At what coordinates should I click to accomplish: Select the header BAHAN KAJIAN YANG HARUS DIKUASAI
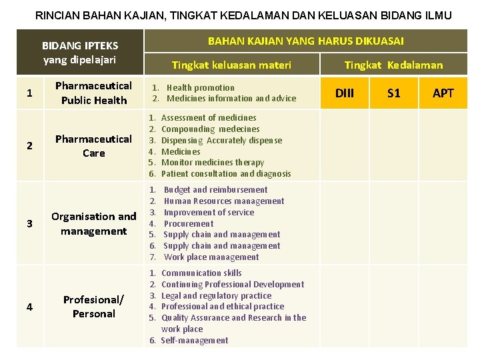point(305,41)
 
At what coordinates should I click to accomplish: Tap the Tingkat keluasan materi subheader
point(231,65)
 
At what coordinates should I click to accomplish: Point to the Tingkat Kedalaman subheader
point(393,65)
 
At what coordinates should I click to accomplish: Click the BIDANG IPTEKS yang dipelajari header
point(80,53)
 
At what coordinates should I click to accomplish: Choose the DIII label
point(345,93)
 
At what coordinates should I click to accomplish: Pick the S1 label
point(394,93)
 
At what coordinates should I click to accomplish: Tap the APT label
point(443,93)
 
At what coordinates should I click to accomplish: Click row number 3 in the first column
point(29,224)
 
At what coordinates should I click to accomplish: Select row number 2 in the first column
point(29,146)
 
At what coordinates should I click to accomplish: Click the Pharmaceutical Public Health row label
point(93,93)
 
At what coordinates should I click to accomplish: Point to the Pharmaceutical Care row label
point(93,146)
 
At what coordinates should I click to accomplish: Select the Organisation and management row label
point(93,224)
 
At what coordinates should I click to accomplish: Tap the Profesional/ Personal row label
point(93,307)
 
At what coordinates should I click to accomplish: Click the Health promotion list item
point(200,87)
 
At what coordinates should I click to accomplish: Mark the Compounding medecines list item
point(210,129)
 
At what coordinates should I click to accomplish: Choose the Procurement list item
point(189,224)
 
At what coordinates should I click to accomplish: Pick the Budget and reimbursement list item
point(215,190)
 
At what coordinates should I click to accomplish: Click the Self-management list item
point(195,341)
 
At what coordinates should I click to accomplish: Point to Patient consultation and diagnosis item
point(226,174)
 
